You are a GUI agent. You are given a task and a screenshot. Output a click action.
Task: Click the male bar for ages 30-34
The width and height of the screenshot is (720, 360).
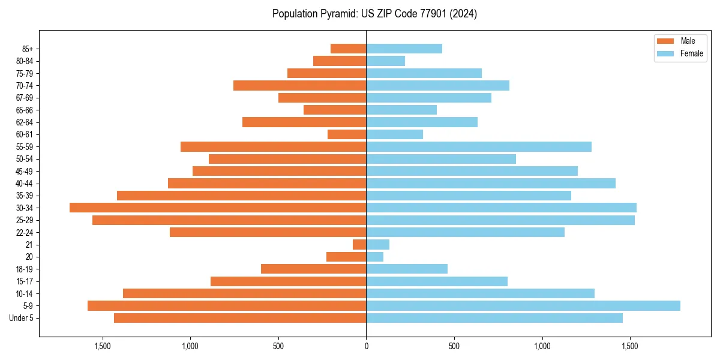(x=218, y=208)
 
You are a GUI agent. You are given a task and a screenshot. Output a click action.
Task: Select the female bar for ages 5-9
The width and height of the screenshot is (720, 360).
(x=523, y=305)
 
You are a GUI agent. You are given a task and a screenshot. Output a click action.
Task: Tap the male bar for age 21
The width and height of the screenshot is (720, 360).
(x=359, y=244)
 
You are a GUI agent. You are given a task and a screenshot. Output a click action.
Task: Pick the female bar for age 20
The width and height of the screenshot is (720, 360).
(x=375, y=257)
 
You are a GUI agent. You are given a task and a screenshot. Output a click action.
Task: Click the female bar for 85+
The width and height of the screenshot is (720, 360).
(x=404, y=49)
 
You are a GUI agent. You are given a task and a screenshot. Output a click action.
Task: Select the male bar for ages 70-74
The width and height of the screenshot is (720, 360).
(x=300, y=85)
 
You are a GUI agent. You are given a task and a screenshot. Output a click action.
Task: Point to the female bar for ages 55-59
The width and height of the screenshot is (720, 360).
(x=479, y=146)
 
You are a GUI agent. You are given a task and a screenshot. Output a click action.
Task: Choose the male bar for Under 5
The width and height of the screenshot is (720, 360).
(x=240, y=318)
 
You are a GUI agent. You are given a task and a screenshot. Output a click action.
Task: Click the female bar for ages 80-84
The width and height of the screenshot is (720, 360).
(x=385, y=61)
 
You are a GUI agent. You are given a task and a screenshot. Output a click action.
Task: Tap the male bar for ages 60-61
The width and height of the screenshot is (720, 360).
(x=347, y=134)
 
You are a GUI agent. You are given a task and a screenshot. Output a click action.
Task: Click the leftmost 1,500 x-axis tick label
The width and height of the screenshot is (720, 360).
(x=103, y=347)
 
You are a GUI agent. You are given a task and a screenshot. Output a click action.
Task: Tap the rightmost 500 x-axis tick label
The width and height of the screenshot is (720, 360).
(x=454, y=347)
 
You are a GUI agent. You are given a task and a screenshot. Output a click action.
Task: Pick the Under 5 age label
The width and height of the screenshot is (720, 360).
(x=22, y=318)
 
